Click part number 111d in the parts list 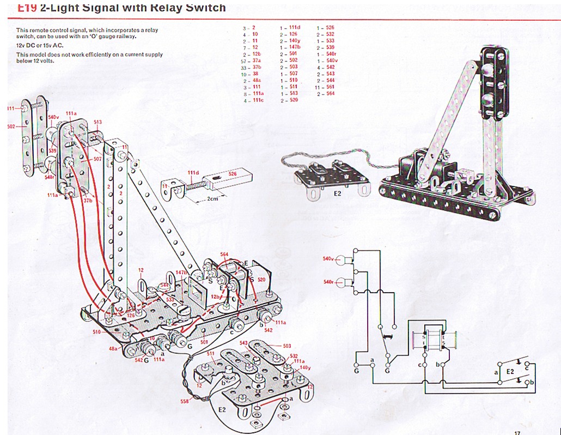tap(294, 27)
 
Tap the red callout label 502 tap(11, 126)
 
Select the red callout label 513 tap(98, 122)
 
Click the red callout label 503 tap(286, 346)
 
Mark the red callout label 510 tap(97, 331)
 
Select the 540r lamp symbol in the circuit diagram tap(343, 282)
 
